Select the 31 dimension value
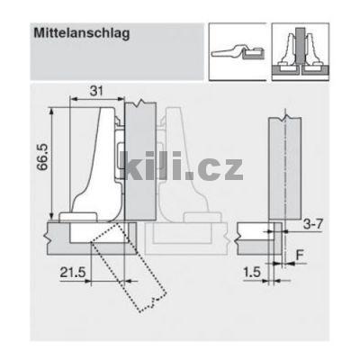[96, 90]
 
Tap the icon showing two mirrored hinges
[301, 50]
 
